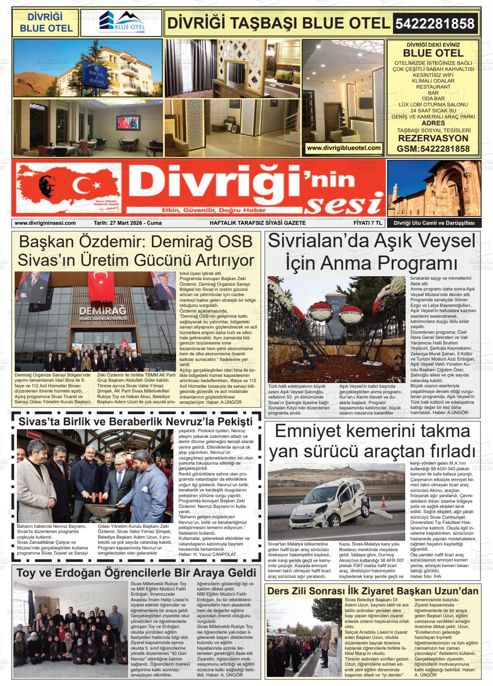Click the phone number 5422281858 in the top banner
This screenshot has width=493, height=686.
click(x=436, y=23)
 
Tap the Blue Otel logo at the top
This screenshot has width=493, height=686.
click(x=122, y=23)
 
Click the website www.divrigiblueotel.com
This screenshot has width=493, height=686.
click(x=344, y=148)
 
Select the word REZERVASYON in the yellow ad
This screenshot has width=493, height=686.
click(x=433, y=139)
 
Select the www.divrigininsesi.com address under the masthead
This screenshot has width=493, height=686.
click(x=45, y=223)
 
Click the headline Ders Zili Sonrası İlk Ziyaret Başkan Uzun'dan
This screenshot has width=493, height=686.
click(x=373, y=591)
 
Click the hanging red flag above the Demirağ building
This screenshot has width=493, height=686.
click(x=101, y=286)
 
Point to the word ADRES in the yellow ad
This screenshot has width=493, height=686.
click(x=433, y=123)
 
